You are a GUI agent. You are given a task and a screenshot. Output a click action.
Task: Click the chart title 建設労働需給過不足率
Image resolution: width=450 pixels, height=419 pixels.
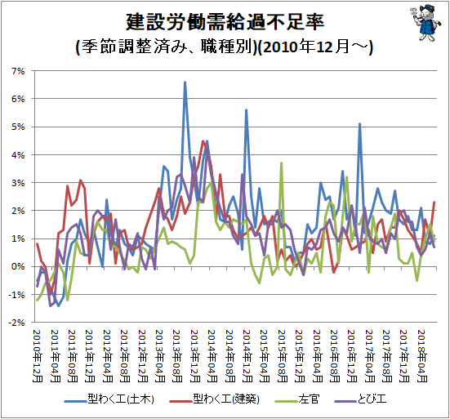(225, 22)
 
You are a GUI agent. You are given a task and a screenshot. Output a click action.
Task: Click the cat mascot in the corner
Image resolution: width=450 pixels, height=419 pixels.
(425, 23)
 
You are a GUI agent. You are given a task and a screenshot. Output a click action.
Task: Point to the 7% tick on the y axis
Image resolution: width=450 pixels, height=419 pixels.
(18, 71)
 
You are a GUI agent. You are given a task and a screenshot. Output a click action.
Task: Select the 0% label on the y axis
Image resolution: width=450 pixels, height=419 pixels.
(18, 266)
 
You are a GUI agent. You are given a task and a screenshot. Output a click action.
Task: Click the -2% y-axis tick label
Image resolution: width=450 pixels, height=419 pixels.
(16, 323)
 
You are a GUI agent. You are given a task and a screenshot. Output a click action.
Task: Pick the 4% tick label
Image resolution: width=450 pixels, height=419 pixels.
(18, 155)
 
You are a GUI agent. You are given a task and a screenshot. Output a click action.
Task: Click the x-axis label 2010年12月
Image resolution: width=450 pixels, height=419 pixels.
(38, 356)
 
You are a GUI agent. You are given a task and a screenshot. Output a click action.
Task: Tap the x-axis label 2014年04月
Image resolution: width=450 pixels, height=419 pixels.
(212, 356)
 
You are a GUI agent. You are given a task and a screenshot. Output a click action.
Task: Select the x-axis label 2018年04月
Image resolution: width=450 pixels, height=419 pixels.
(421, 356)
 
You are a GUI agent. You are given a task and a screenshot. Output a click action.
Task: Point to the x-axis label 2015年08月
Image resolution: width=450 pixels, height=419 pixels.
(282, 356)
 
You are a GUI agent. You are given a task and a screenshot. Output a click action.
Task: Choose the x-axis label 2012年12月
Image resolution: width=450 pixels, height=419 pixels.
(142, 356)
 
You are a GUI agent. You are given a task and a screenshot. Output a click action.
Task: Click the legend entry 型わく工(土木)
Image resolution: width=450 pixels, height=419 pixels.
(109, 399)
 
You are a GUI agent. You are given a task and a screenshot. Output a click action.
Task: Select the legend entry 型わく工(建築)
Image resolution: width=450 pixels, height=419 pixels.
(214, 399)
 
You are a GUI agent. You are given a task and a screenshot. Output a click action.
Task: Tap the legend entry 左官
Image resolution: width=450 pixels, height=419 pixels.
(297, 399)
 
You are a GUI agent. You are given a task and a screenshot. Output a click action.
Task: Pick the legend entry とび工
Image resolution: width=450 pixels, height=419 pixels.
(360, 399)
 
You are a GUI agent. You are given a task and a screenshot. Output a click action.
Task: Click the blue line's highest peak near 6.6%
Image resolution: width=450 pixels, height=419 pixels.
(185, 82)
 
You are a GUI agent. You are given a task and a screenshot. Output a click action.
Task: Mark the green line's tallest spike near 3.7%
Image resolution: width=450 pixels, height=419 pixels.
(282, 163)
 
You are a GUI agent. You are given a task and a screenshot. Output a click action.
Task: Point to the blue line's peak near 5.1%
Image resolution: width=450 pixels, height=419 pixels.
(359, 124)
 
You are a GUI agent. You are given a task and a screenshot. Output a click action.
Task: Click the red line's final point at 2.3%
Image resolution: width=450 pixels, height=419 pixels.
(434, 203)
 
